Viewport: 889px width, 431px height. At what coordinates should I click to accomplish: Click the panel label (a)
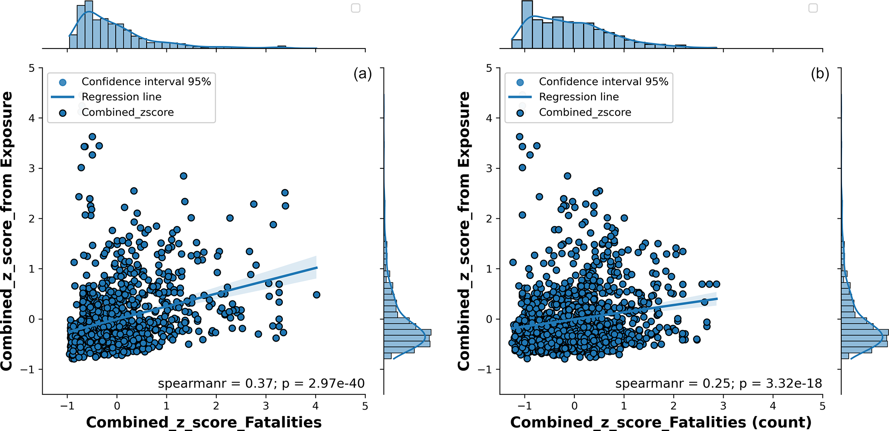coord(362,74)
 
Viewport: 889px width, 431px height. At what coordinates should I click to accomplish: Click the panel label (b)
coord(820,74)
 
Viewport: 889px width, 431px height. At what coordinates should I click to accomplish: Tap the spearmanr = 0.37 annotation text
coord(261,383)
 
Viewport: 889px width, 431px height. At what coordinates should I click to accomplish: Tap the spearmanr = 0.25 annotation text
coord(718,383)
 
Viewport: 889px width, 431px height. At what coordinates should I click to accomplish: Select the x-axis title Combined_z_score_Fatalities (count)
coord(661,422)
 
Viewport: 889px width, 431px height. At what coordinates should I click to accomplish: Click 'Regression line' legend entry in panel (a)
coord(121,97)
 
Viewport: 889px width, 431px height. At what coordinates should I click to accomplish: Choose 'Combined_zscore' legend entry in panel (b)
coord(585,113)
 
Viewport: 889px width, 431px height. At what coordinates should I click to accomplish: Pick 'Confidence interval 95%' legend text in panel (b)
coord(604,82)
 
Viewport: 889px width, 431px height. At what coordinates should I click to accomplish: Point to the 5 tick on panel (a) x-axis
coord(365,406)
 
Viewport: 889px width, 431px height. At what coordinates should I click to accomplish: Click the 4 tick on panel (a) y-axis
coord(32,118)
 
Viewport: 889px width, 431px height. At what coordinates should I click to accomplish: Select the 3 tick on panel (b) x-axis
coord(723,406)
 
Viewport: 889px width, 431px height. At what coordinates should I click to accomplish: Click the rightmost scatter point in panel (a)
coord(316,295)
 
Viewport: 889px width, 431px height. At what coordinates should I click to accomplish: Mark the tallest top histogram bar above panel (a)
coord(89,24)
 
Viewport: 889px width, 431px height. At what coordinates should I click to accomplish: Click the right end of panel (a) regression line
coord(317,267)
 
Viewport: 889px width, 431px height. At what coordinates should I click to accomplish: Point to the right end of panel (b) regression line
coord(717,299)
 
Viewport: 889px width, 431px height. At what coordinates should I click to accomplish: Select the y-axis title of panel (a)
coord(7,231)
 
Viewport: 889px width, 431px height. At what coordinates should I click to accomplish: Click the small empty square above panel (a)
coord(356,8)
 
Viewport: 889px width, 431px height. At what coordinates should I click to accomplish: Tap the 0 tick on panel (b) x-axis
coord(574,406)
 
